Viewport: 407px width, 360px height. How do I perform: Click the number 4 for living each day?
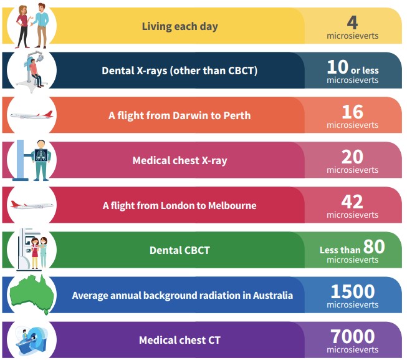[x=352, y=22]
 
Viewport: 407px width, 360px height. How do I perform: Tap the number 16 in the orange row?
[x=352, y=112]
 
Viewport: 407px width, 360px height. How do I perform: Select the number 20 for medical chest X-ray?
[x=352, y=157]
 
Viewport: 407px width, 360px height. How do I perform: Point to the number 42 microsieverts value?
[x=352, y=202]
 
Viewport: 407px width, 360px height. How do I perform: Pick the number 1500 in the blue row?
[x=352, y=291]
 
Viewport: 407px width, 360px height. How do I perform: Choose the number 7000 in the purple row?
[x=352, y=336]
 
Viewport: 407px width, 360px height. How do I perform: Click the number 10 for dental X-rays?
[x=337, y=67]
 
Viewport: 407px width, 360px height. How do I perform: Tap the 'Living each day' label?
[x=180, y=27]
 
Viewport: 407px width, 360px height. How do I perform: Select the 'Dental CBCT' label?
[x=180, y=250]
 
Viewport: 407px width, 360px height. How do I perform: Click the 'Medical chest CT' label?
[x=180, y=340]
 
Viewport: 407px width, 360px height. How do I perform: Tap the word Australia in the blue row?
[x=271, y=295]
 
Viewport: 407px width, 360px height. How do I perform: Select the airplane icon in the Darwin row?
[x=32, y=115]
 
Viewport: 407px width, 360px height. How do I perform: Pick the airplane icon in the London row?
[x=32, y=205]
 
